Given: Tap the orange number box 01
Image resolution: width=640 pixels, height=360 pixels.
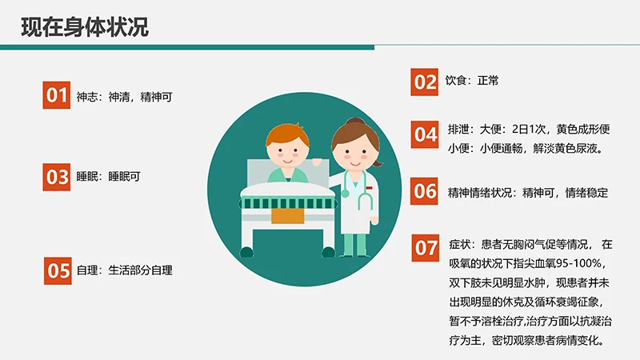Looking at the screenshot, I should point(57,96).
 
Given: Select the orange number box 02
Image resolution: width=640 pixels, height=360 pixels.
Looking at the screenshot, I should point(425,81).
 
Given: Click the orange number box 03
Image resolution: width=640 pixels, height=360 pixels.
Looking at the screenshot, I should point(57,177).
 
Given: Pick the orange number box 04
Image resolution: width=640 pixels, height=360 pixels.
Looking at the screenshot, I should point(425,134).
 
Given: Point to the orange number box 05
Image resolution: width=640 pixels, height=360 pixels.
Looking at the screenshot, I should point(57,270).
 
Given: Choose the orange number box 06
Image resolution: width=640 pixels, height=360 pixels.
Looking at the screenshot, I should point(425,192).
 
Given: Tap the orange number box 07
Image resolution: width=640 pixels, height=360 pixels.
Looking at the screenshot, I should point(425,248).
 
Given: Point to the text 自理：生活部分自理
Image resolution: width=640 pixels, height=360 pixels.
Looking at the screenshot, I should point(124,270).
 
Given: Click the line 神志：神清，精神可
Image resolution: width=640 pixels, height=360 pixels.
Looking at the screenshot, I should point(124,97).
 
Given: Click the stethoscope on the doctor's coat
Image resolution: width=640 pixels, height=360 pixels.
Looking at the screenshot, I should point(362,192).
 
